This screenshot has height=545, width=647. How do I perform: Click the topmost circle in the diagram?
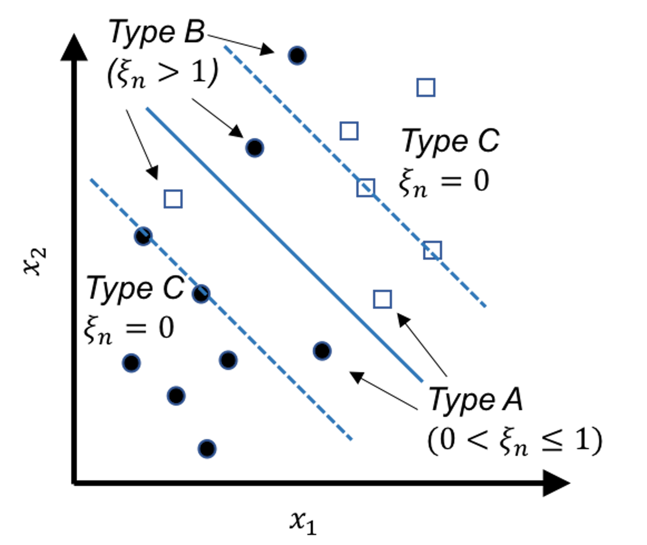click(297, 56)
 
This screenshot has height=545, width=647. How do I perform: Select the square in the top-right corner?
click(426, 87)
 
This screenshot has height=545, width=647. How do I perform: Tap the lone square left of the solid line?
click(173, 199)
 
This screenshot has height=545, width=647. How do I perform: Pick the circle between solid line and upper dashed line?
click(254, 148)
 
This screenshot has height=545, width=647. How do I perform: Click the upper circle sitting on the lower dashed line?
click(143, 236)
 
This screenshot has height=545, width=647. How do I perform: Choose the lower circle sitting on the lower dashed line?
click(201, 294)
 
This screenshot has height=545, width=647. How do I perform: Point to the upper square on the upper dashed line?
click(366, 188)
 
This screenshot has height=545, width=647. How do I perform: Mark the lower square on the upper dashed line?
click(432, 250)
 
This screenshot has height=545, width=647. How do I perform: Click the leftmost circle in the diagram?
click(131, 363)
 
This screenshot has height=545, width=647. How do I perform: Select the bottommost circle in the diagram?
click(207, 449)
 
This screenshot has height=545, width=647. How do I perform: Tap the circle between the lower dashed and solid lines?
click(322, 351)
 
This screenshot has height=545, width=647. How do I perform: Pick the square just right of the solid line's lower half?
click(383, 299)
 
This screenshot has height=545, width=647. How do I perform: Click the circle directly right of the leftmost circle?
click(228, 360)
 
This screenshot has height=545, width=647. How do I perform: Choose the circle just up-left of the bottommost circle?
click(176, 396)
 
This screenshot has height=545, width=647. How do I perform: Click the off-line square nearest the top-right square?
click(349, 131)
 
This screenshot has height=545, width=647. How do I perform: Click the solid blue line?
click(284, 244)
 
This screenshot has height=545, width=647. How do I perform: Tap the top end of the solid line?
click(147, 108)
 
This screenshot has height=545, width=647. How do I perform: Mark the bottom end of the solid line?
click(422, 381)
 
